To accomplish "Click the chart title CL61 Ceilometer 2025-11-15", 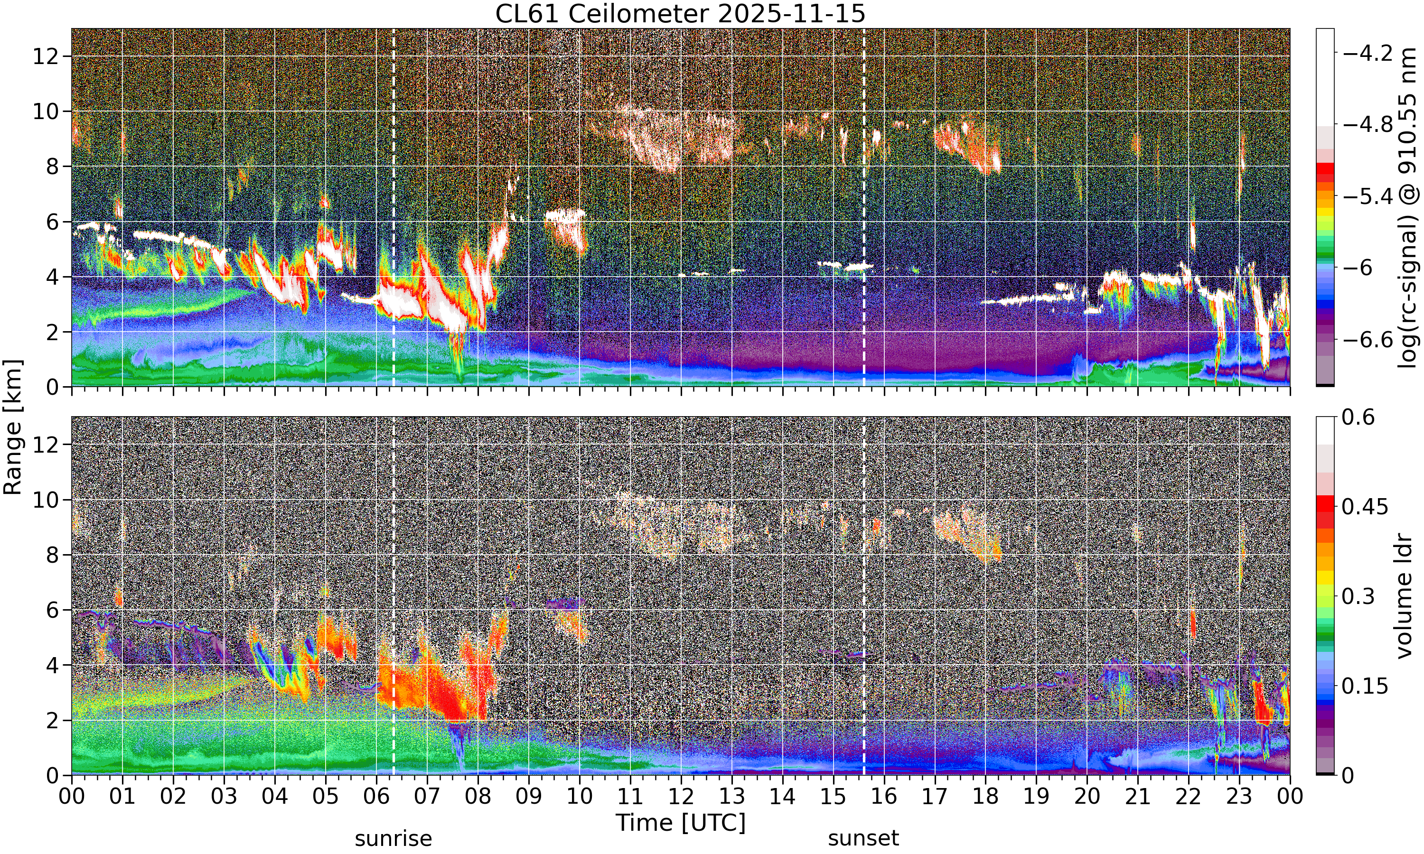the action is (680, 14).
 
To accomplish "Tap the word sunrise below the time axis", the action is (393, 838).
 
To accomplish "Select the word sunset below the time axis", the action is (863, 838).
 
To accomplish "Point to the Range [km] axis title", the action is (13, 427).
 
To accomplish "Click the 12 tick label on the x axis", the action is (681, 797).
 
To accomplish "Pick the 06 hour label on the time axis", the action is (376, 797).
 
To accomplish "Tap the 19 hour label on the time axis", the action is (1037, 797).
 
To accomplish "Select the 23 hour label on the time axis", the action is (1239, 797).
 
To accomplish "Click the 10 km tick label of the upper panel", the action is (46, 111).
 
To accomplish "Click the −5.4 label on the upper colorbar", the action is (1368, 196).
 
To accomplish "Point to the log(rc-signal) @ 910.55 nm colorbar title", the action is (1408, 208).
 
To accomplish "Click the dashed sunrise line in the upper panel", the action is (393, 208).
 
